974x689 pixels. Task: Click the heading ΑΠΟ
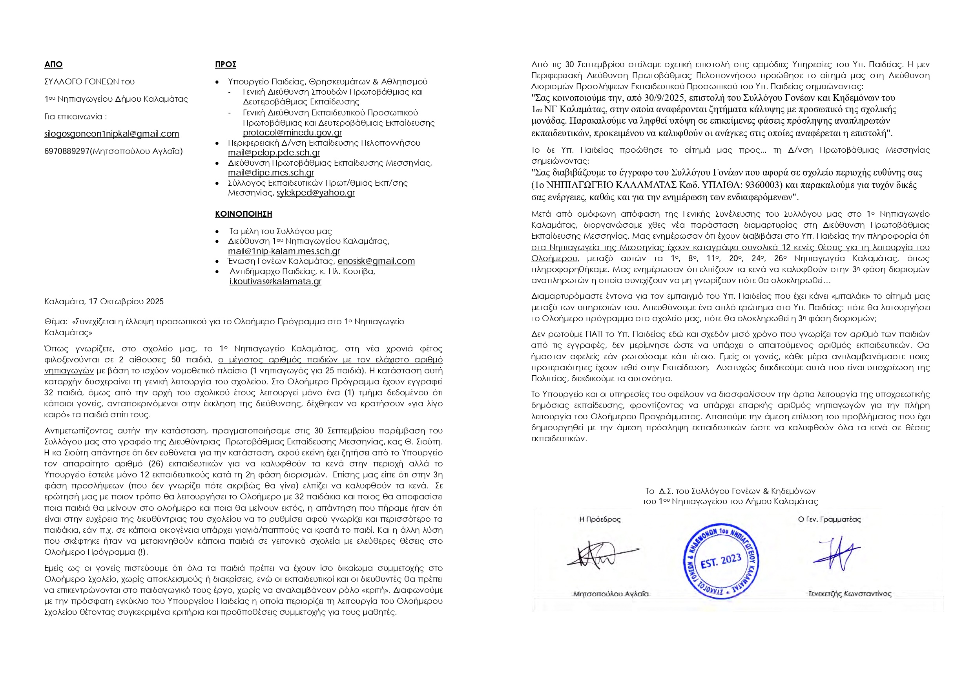[x=53, y=64]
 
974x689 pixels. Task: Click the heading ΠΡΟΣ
[x=226, y=64]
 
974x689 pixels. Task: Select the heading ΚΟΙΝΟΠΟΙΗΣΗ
[x=243, y=214]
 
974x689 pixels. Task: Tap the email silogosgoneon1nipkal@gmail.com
[x=111, y=134]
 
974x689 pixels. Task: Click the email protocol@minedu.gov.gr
[x=292, y=132]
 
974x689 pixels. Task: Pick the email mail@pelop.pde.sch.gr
[x=274, y=152]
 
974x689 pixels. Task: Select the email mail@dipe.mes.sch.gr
[x=271, y=173]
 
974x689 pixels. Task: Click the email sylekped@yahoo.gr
[x=316, y=193]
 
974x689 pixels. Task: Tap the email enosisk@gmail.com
[x=376, y=261]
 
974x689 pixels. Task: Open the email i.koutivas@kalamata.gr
[x=275, y=281]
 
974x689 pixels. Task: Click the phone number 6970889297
[x=67, y=151]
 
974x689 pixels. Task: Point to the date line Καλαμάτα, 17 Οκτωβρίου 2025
[x=104, y=302]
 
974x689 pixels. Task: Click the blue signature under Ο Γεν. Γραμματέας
[x=836, y=554]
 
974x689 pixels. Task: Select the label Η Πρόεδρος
[x=600, y=519]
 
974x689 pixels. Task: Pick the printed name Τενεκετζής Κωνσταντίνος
[x=850, y=594]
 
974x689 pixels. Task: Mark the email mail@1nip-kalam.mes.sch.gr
[x=284, y=251]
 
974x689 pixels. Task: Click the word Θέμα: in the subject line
[x=56, y=322]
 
